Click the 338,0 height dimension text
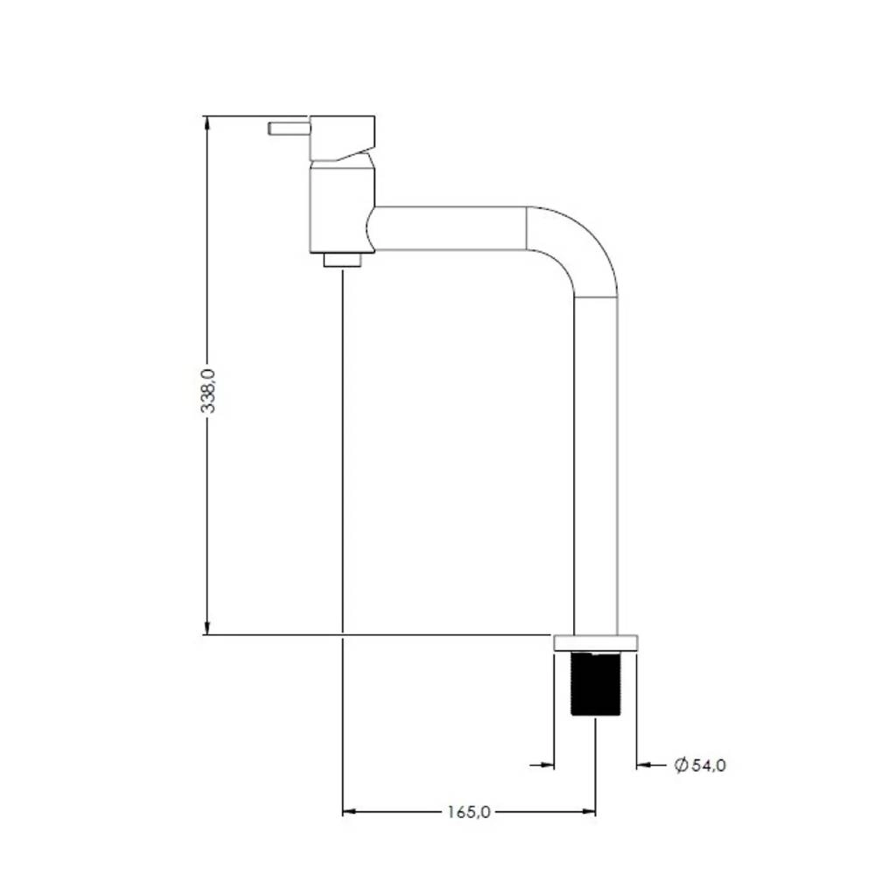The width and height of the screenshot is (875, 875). point(207,390)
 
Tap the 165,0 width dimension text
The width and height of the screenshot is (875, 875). point(469,812)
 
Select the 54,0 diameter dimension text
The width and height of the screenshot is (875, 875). point(709,765)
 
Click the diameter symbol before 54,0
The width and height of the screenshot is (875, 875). point(681,765)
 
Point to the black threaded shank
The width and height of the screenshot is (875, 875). point(595,683)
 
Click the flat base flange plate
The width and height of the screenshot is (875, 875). point(595,643)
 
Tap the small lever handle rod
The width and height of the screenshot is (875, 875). point(289,129)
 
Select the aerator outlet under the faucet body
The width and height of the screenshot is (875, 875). point(342,260)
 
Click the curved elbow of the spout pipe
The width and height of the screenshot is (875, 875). point(580,246)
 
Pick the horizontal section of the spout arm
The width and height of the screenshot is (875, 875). point(449,228)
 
